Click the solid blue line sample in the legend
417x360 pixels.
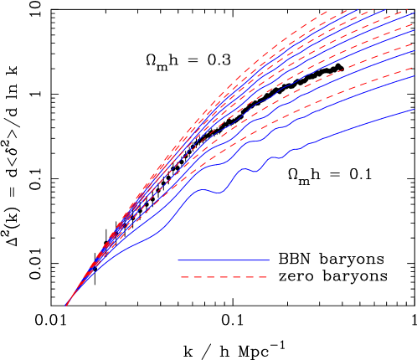pyautogui.click(x=224, y=260)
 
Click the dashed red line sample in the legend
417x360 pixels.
pyautogui.click(x=224, y=276)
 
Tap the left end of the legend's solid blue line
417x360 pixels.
pyautogui.click(x=178, y=260)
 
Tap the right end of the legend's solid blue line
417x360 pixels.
pyautogui.click(x=269, y=260)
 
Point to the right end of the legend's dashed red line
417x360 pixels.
pyautogui.click(x=268, y=276)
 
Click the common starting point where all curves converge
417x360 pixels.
pyautogui.click(x=66, y=306)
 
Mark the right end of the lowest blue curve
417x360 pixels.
pyautogui.click(x=414, y=109)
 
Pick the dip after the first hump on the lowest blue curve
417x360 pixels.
pyautogui.click(x=219, y=193)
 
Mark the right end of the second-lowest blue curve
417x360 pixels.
pyautogui.click(x=414, y=76)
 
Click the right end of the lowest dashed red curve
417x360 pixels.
pyautogui.click(x=414, y=68)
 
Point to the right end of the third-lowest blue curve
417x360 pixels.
pyautogui.click(x=414, y=51)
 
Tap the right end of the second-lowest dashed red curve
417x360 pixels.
pyautogui.click(x=414, y=44)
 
